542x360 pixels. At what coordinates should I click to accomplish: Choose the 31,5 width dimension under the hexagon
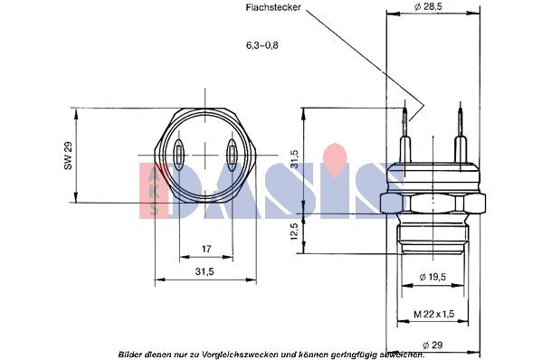[x=204, y=271]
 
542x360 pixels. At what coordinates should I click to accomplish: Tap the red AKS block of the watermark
[x=152, y=190]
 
